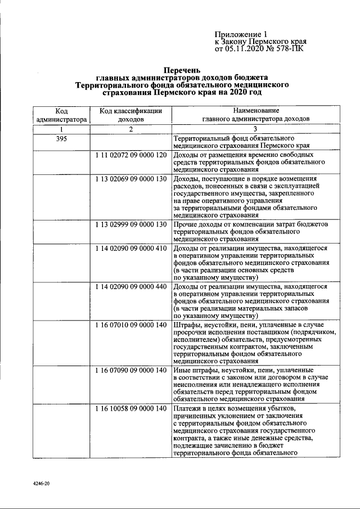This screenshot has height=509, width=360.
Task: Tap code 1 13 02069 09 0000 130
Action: [130, 179]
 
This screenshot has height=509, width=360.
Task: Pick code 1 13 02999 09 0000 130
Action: [130, 224]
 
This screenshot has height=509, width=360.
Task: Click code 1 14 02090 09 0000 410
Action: [130, 247]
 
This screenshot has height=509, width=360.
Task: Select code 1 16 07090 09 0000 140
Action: [130, 370]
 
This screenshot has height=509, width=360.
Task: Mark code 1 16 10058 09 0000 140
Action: [130, 408]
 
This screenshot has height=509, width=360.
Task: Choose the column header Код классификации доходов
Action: [130, 115]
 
